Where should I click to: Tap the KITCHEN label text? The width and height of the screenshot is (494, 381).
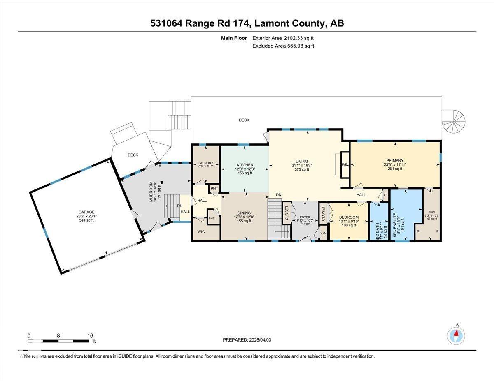244,165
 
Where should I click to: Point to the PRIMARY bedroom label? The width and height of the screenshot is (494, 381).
394,161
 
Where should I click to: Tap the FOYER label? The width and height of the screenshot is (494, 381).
305,217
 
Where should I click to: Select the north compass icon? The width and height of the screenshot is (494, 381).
456,335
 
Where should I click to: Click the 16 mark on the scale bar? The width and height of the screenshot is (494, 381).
90,335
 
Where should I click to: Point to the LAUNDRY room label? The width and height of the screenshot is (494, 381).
206,163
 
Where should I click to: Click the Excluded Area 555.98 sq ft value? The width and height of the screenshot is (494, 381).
283,46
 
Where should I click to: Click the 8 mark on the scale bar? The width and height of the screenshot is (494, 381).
58,335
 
